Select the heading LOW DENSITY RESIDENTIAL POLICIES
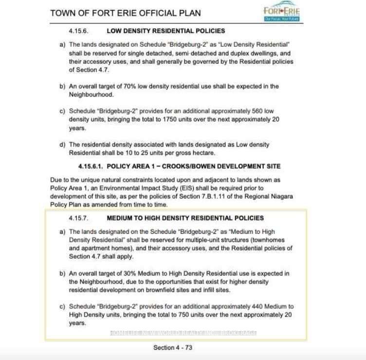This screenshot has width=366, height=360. [166, 31]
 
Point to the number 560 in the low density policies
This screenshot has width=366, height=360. [258, 111]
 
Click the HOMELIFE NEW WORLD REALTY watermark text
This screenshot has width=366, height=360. [183, 333]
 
